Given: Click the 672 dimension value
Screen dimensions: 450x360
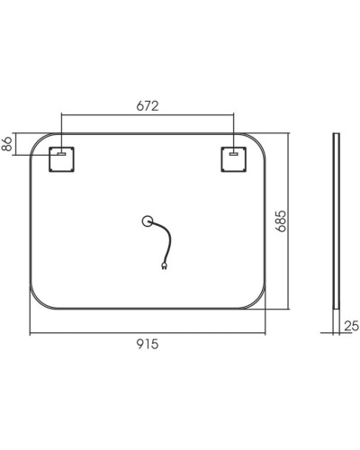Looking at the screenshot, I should (x=148, y=105).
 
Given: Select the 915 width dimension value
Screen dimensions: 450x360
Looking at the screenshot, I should (x=148, y=345).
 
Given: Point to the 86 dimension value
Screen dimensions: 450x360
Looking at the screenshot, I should (x=9, y=144).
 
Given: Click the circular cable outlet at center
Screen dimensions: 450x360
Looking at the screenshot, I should (x=148, y=220).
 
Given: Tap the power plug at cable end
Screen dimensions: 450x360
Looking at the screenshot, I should (x=164, y=265).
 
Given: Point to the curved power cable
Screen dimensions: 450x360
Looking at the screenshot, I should (x=162, y=241).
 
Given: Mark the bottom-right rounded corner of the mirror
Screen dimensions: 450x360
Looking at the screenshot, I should (x=259, y=301).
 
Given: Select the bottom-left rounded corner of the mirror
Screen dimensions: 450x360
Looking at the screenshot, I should (x=39, y=301).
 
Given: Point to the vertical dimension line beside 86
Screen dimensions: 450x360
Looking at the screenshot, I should (x=19, y=144).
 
